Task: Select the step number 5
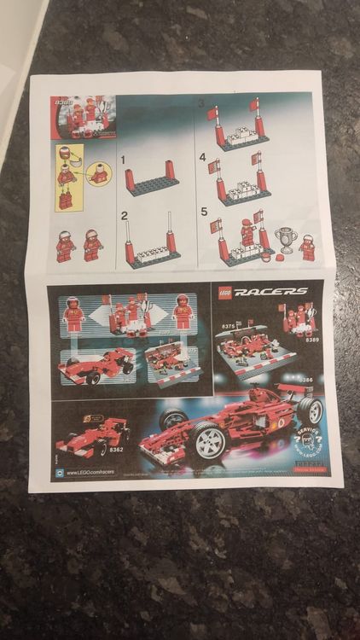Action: pyautogui.click(x=204, y=212)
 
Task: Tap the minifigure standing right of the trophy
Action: pyautogui.click(x=308, y=247)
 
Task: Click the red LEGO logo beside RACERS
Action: pyautogui.click(x=224, y=291)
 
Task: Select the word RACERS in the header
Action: pyautogui.click(x=271, y=292)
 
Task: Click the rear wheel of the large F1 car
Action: pyautogui.click(x=310, y=410)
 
